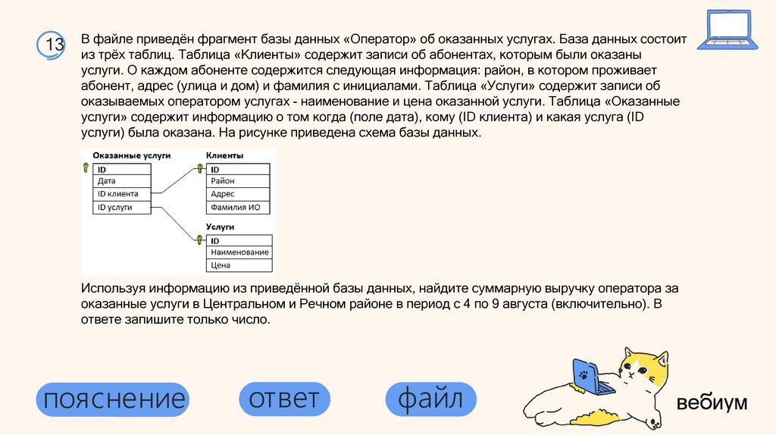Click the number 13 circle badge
(54, 45)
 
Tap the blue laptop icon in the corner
(728, 30)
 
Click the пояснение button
(112, 399)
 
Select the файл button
(430, 399)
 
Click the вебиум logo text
(712, 402)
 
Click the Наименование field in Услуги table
(239, 252)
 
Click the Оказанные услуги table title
(131, 155)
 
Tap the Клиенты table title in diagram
(224, 155)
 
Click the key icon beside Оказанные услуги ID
(86, 169)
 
